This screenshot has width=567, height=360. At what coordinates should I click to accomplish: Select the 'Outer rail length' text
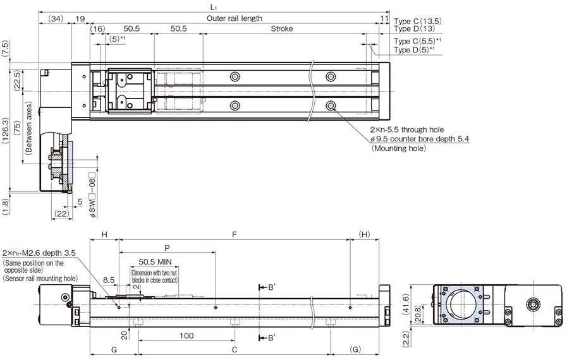[235, 18]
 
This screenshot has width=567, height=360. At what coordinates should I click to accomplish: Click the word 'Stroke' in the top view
[283, 29]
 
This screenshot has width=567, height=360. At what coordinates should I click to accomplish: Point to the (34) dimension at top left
[55, 18]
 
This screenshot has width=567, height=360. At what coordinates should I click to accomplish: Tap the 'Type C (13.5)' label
[417, 21]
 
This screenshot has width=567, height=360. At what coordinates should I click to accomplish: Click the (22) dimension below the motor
[61, 214]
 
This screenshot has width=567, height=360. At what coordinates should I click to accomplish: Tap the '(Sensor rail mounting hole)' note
[40, 278]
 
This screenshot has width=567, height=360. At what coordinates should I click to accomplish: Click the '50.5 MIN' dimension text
[155, 261]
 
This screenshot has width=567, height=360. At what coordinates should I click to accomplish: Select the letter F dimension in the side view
[235, 234]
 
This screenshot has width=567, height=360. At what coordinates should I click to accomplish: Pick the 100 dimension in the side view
[186, 336]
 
